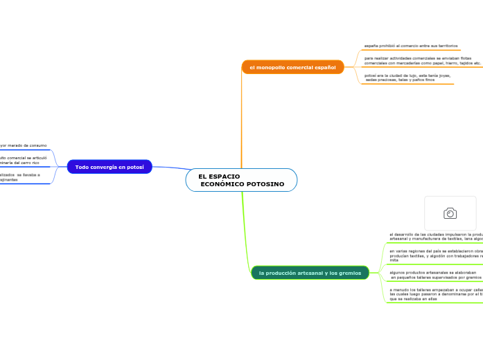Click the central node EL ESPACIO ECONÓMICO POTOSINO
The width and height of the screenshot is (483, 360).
point(241,180)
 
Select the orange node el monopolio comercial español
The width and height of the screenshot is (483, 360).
point(292,67)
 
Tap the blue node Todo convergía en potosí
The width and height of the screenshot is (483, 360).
point(109,167)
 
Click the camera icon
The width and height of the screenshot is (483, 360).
point(450,213)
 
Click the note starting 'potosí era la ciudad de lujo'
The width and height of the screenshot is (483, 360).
point(407,78)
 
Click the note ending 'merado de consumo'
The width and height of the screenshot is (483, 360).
point(24,145)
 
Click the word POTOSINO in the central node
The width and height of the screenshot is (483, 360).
point(265,184)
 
